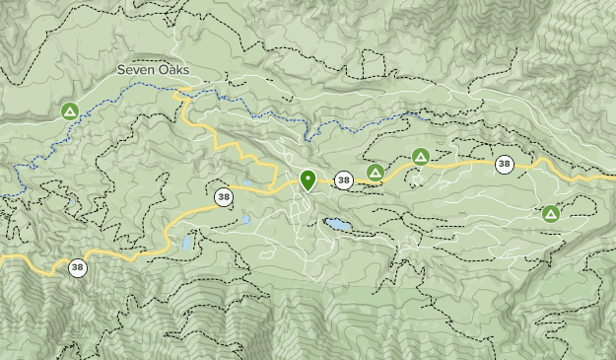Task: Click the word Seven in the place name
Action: (x=136, y=70)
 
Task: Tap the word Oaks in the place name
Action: (x=172, y=70)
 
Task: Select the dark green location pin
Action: (x=308, y=180)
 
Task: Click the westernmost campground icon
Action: (x=70, y=111)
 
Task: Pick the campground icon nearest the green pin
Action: (x=375, y=173)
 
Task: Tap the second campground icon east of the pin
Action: (x=421, y=156)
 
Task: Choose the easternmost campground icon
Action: (x=550, y=213)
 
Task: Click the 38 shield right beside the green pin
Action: (x=343, y=180)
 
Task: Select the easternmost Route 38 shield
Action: (x=505, y=164)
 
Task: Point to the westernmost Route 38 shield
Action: (x=77, y=266)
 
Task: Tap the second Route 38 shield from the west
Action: (x=225, y=196)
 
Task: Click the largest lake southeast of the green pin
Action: (x=337, y=225)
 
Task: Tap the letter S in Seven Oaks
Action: (x=121, y=70)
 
